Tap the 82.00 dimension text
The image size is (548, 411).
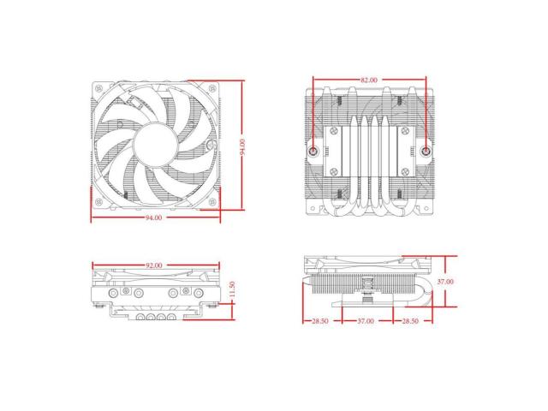pos(369,80)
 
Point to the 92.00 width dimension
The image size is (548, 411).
pos(155,266)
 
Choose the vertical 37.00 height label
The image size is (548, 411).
pos(444,281)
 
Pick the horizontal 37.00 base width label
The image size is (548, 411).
pos(366,322)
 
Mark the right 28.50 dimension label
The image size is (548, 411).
pos(410,322)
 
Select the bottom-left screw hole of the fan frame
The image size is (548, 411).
pos(99,201)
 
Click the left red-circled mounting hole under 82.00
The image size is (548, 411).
pos(314,151)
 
